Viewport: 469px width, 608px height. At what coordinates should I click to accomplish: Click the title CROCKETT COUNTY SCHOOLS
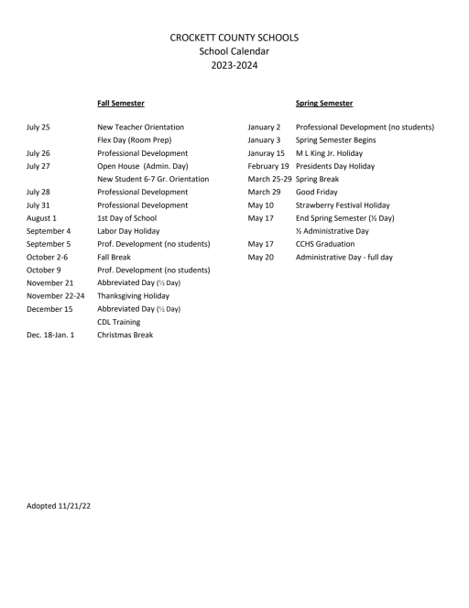tap(234, 37)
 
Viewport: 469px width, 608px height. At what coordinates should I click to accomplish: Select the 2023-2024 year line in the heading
tap(234, 65)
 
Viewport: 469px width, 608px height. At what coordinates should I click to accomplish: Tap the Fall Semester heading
tap(120, 104)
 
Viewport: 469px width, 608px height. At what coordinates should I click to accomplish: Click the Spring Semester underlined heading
tap(324, 104)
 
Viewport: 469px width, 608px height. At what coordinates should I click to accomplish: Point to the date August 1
tap(41, 218)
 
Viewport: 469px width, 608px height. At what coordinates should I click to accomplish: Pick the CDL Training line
tap(118, 322)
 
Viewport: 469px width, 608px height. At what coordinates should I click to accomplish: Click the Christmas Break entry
tap(125, 336)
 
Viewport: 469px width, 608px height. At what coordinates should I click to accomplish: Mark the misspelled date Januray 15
tap(267, 153)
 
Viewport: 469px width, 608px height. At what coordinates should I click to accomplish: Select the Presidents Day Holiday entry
tap(334, 166)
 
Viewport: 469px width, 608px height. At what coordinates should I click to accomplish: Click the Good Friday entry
tap(317, 193)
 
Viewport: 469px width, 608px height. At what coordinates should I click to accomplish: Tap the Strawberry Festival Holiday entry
tap(342, 205)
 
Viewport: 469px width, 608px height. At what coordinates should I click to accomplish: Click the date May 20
tap(260, 258)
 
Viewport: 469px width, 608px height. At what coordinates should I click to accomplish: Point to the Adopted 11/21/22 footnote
tap(59, 505)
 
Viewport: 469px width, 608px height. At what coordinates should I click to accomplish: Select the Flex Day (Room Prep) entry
tap(134, 139)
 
